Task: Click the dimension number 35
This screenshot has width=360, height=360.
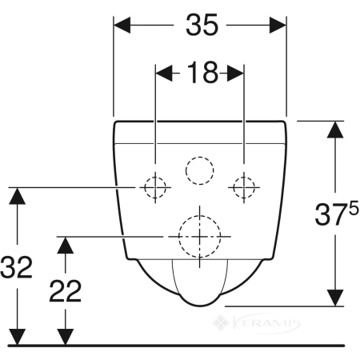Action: click(x=202, y=25)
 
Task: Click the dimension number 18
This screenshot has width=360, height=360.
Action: click(x=202, y=72)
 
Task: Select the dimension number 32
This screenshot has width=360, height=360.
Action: click(x=16, y=267)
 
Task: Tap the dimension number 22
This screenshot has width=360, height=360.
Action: click(x=66, y=291)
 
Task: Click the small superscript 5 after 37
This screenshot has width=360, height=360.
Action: click(x=354, y=208)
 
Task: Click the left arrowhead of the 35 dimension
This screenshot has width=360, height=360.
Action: click(x=122, y=25)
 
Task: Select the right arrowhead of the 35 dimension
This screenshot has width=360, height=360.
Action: click(x=278, y=25)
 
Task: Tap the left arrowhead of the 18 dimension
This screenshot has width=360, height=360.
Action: click(x=164, y=73)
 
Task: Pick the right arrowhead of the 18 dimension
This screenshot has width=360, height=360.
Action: click(x=235, y=73)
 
